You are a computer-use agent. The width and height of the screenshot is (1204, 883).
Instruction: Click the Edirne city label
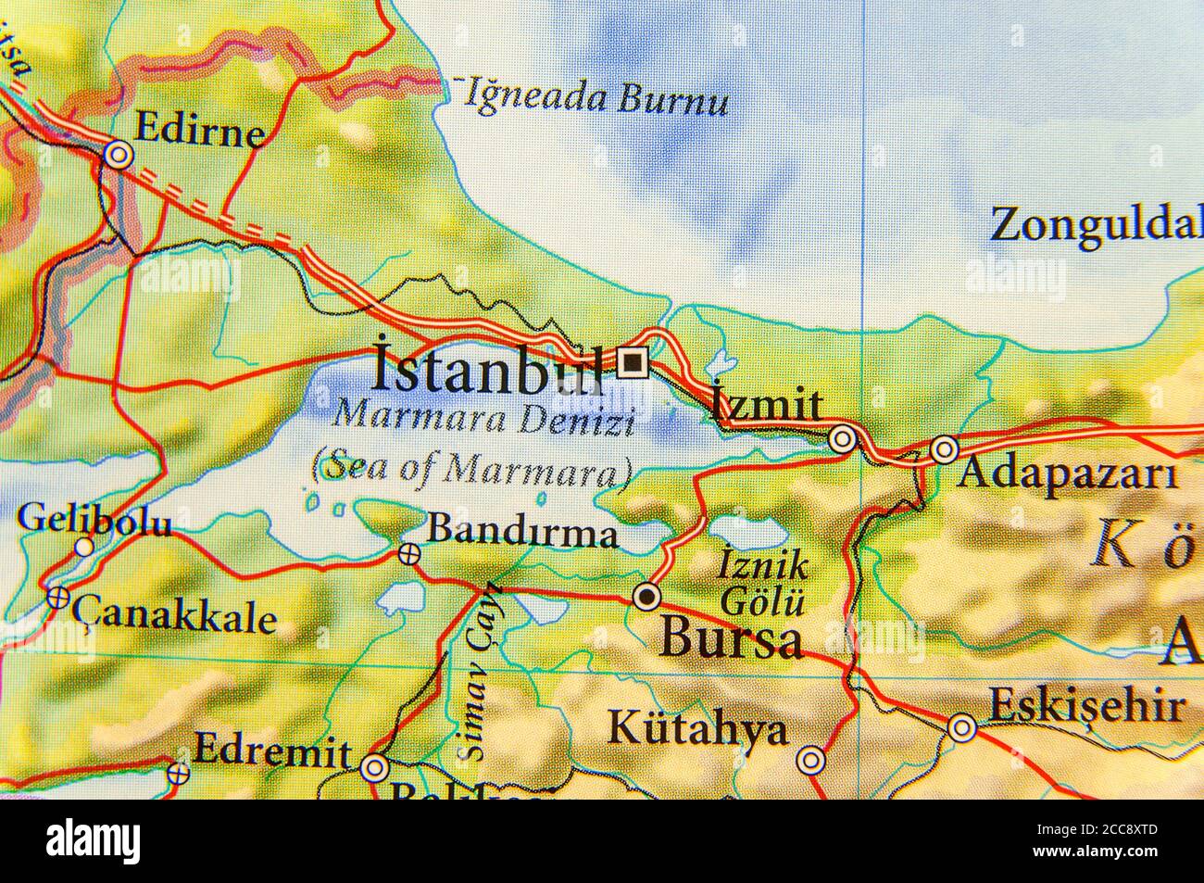198,131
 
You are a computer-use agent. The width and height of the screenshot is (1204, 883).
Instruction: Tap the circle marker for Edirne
118,156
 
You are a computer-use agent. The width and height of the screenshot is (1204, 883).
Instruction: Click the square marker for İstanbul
633,363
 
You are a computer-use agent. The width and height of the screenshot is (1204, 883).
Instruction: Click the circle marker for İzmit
841,439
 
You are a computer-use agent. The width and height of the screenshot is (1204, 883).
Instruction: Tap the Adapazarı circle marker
944,450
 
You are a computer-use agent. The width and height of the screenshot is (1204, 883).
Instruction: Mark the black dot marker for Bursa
646,596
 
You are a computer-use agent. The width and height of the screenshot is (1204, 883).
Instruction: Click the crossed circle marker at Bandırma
408,554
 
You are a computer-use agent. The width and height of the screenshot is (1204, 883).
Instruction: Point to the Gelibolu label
94,521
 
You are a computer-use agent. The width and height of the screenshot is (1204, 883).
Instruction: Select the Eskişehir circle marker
962,728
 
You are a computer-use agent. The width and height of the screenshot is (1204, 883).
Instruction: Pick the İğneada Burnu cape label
596,97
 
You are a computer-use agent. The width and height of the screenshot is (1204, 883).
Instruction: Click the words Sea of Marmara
471,469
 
